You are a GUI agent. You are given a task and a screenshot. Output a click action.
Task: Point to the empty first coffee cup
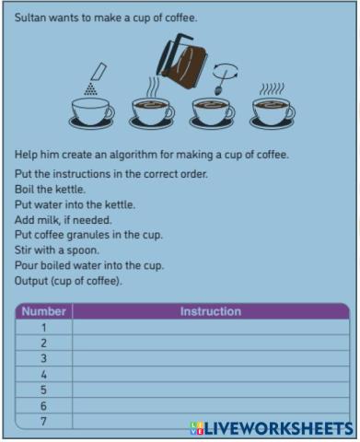pyautogui.click(x=91, y=113)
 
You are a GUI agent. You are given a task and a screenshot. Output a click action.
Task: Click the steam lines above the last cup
pyautogui.click(x=272, y=88)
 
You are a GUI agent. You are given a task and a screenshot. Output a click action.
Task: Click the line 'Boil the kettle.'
pyautogui.click(x=50, y=189)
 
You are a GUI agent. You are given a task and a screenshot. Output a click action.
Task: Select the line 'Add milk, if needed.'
pyautogui.click(x=64, y=220)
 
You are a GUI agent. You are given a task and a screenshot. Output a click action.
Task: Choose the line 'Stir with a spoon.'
pyautogui.click(x=57, y=250)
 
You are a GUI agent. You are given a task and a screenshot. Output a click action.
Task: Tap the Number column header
pyautogui.click(x=44, y=311)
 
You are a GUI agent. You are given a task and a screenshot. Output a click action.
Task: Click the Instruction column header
pyautogui.click(x=211, y=311)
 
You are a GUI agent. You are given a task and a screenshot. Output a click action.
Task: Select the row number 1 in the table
pyautogui.click(x=44, y=328)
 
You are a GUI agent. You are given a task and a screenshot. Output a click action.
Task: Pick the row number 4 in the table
pyautogui.click(x=44, y=375)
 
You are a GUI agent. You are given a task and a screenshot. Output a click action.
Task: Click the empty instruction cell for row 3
pyautogui.click(x=211, y=358)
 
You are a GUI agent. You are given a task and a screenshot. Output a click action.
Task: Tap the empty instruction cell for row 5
pyautogui.click(x=211, y=390)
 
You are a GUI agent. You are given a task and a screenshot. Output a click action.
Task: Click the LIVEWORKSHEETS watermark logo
pyautogui.click(x=272, y=428)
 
